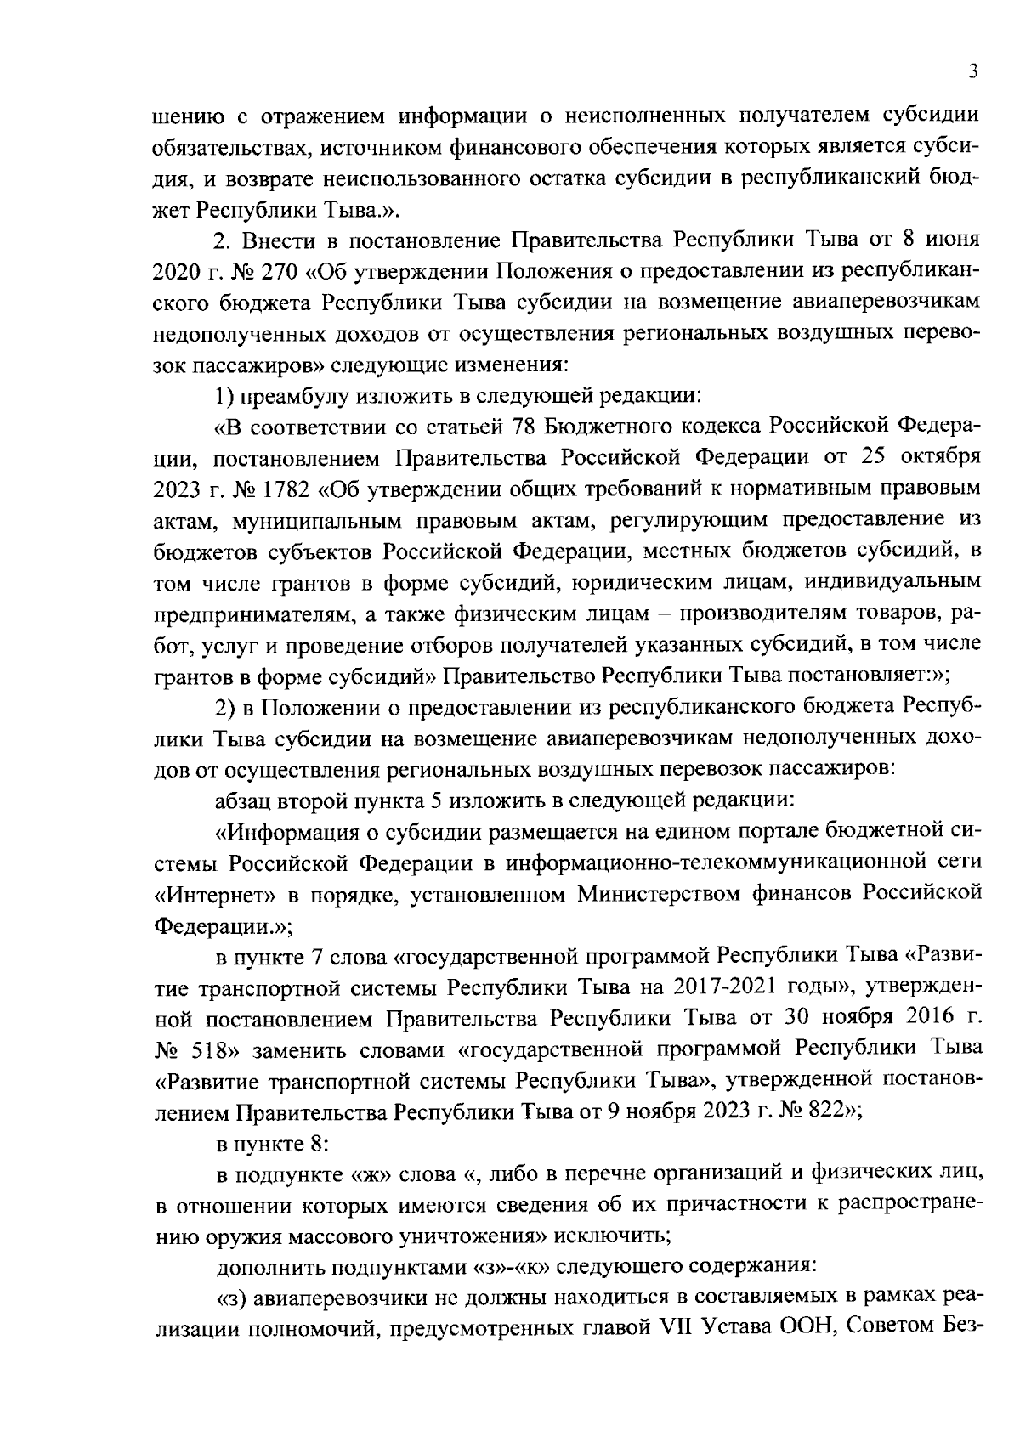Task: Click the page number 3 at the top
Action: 974,72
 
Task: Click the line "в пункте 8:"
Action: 272,1144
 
